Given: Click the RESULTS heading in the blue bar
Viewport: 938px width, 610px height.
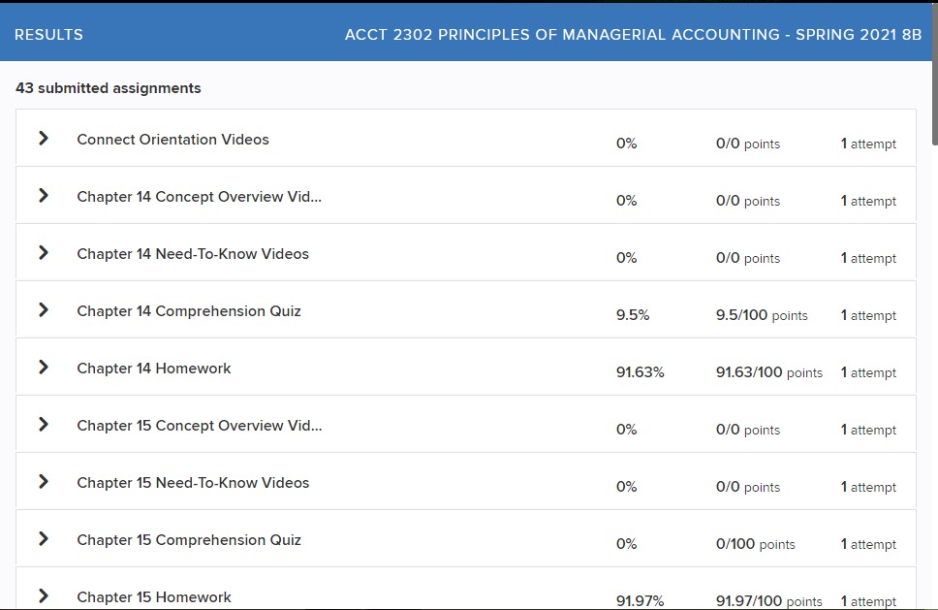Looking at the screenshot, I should tap(48, 35).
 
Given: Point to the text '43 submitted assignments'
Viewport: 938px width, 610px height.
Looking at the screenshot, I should tap(109, 88).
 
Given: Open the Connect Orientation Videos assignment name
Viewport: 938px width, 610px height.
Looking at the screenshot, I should tap(172, 140).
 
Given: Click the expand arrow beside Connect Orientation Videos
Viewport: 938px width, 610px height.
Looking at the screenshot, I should tap(44, 139).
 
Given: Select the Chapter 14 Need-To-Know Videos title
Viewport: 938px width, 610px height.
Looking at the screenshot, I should tap(193, 254).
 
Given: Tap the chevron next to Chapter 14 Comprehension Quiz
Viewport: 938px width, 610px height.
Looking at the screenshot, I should tap(44, 310).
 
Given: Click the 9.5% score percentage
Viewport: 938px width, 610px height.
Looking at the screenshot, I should tap(633, 315).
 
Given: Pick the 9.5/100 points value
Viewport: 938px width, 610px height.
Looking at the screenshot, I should tap(762, 315).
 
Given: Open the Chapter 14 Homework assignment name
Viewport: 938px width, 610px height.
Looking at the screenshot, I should tap(154, 369).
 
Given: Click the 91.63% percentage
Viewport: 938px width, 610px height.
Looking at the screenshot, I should tap(641, 372).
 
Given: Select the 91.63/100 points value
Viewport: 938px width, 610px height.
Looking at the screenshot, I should tap(769, 372).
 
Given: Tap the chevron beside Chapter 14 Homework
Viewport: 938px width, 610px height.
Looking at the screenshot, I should tap(44, 368).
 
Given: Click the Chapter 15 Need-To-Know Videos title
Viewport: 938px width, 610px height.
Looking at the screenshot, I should tap(193, 483).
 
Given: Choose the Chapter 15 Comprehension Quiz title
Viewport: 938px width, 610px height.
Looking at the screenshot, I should tap(189, 540).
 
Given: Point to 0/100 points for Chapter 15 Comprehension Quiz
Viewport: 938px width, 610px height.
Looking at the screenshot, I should tap(756, 544).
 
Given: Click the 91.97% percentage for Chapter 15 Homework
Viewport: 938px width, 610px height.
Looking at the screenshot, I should tap(641, 601).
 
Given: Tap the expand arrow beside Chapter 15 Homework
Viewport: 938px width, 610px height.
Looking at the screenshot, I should tap(44, 595).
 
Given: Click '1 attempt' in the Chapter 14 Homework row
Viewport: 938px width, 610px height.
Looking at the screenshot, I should tap(868, 372).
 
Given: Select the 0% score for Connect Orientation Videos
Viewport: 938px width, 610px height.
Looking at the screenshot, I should tap(627, 144).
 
